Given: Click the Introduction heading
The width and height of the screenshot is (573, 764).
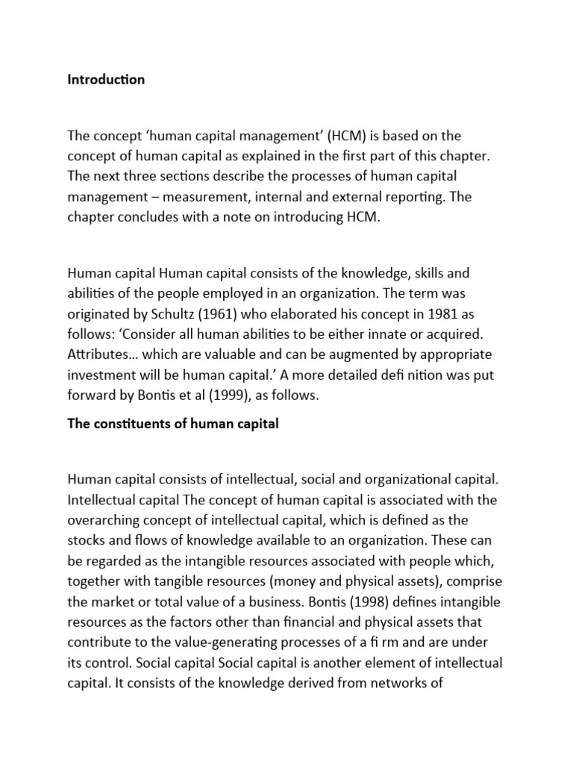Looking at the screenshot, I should coord(106,80).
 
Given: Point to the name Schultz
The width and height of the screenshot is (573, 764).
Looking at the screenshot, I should coord(158,313).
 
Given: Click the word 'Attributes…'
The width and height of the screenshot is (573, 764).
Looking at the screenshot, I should coord(99,354).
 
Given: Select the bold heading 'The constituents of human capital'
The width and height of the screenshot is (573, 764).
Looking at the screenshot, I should coord(172,424).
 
